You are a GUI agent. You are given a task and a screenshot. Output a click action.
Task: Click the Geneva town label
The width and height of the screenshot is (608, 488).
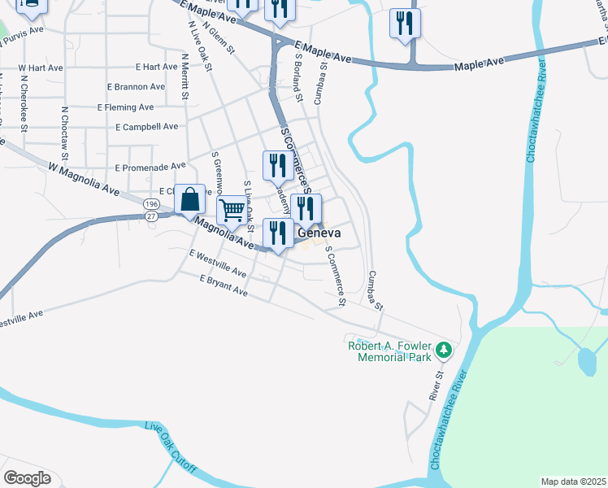[x=318, y=233]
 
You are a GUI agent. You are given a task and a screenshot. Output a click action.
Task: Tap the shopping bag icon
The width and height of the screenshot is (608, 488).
[x=189, y=199]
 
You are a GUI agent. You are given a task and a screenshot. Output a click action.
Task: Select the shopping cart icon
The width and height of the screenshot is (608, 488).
[x=232, y=211]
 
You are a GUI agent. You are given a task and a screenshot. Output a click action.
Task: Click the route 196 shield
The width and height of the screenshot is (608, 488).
[x=151, y=203]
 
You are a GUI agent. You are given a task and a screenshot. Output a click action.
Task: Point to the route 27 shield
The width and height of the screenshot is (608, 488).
[x=151, y=216]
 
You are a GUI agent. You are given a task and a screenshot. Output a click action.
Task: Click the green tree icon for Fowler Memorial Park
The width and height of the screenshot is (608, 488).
[x=443, y=351]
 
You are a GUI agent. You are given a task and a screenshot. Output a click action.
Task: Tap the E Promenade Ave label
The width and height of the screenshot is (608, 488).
[x=150, y=167]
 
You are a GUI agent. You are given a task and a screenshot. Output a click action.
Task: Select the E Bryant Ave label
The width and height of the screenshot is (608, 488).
[x=224, y=285]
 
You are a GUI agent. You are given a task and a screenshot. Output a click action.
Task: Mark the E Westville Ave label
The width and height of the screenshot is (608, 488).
[x=217, y=264]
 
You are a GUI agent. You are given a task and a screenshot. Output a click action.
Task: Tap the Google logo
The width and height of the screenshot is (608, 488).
[x=27, y=478]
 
